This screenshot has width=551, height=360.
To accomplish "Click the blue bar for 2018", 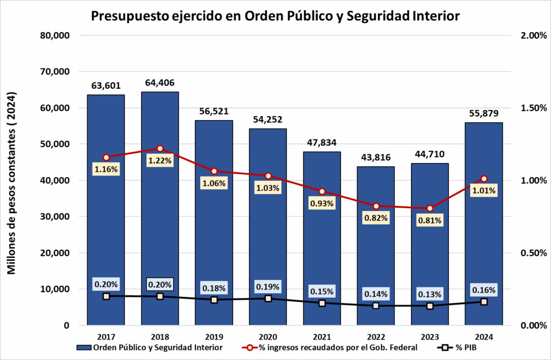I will pos(160,226).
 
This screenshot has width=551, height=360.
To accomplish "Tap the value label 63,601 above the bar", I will pos(106,86).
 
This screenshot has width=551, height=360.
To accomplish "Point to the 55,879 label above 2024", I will pos(484,114).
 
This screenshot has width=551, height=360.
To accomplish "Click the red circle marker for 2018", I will pos(160,149).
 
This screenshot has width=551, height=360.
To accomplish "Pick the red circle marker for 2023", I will pos(430,208).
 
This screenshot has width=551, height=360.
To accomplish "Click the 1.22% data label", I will pos(160,160).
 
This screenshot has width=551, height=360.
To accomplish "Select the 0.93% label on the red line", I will pos(322,203).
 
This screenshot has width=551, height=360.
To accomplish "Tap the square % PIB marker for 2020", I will pos(268,298).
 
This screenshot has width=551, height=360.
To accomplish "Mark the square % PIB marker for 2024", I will pos(484,302).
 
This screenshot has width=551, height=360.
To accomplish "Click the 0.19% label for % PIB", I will pos(268,287).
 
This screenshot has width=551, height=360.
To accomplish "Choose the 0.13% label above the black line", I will pos(430,294).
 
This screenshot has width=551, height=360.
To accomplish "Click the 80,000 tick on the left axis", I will pos(55,36).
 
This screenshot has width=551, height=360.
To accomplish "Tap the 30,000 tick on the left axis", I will pos(55,217).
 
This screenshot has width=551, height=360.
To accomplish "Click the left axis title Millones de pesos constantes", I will pos(12,183).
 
